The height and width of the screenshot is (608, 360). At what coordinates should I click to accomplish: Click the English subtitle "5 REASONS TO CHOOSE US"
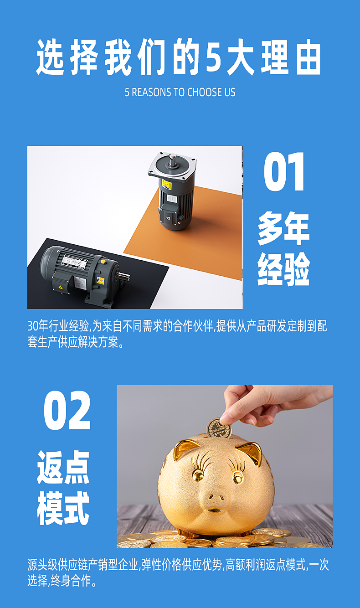(x=180, y=92)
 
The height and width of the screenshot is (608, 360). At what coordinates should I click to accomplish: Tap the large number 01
(x=284, y=171)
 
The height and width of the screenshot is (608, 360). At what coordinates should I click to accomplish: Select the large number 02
(x=67, y=410)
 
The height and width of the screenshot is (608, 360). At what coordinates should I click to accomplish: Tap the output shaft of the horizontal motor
(x=123, y=277)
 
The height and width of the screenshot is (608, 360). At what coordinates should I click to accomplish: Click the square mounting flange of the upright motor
(x=172, y=166)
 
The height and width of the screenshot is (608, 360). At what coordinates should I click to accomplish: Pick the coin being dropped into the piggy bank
(x=219, y=428)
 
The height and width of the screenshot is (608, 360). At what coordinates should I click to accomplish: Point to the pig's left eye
(x=198, y=475)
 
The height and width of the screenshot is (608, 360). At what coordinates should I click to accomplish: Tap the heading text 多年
(x=284, y=228)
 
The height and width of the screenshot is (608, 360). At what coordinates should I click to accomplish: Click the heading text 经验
(x=284, y=269)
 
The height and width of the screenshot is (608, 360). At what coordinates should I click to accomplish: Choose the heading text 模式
(x=63, y=508)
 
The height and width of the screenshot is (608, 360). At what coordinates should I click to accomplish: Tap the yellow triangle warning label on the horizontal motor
(x=60, y=287)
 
